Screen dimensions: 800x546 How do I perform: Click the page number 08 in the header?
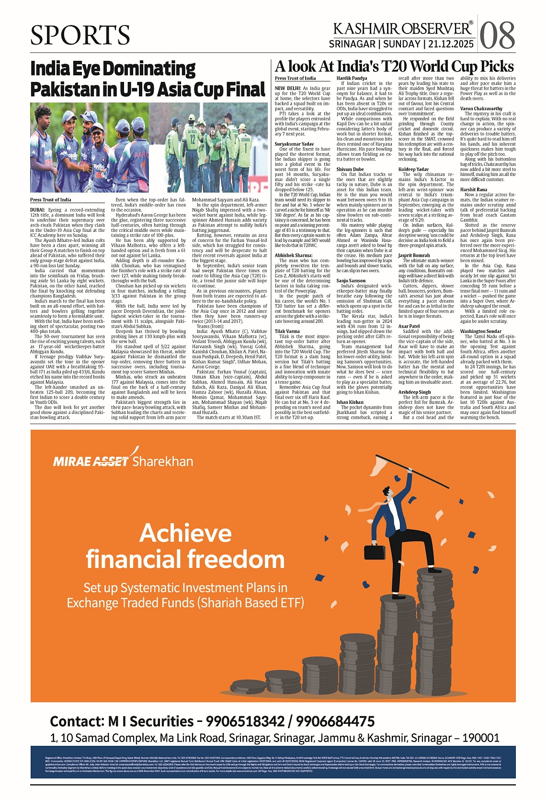point(498,35)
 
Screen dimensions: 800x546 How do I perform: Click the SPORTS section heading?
point(80,35)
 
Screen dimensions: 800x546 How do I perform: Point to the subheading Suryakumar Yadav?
point(294,144)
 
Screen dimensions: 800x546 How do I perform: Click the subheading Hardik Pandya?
point(352,78)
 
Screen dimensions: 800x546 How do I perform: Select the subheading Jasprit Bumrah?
point(414,256)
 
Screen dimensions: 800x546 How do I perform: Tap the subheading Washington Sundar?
point(480,331)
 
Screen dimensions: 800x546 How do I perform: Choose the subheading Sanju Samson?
point(351,281)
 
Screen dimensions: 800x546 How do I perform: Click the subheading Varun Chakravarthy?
point(481,109)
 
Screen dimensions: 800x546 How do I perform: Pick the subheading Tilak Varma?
point(287,331)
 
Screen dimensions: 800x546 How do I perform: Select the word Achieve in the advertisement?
point(185,533)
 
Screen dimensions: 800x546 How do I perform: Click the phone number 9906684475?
point(335,721)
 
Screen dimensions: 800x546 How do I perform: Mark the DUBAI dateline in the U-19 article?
point(38,210)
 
